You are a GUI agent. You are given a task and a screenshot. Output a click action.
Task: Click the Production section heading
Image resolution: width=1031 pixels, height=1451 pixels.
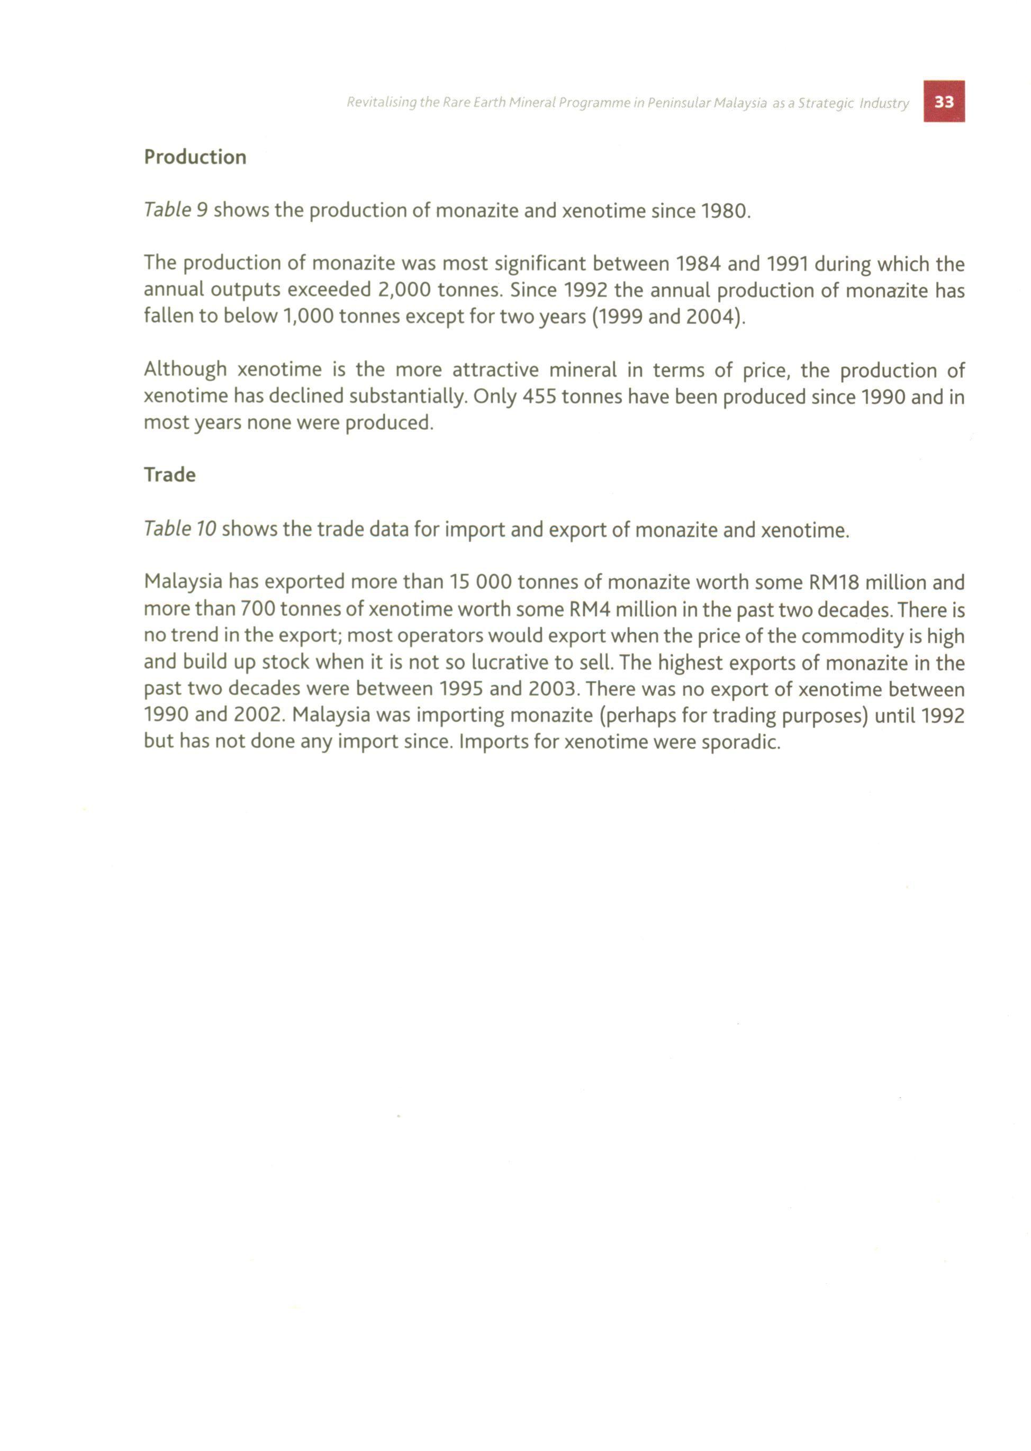[195, 157]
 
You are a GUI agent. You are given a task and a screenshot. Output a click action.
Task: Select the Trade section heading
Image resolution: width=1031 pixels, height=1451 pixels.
[169, 474]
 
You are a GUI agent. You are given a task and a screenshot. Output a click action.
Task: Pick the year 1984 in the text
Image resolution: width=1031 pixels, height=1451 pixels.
[698, 264]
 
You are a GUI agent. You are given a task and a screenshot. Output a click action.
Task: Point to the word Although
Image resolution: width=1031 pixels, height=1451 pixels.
[185, 369]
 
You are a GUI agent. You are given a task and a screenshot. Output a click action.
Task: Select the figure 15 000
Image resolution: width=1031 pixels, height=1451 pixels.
[480, 582]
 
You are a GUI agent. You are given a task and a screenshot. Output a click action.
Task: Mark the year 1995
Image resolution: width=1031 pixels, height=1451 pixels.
[462, 689]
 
